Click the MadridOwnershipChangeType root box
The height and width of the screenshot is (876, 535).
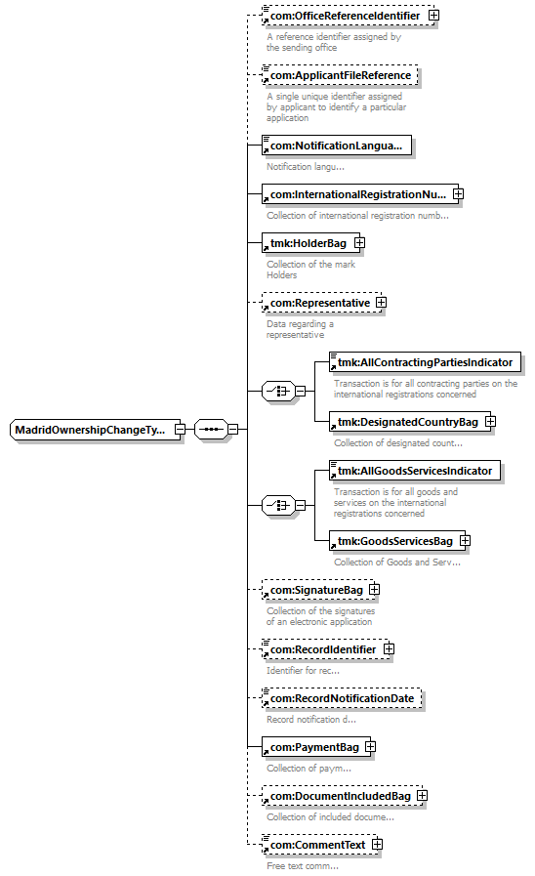click(x=95, y=430)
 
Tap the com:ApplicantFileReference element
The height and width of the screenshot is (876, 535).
click(x=340, y=75)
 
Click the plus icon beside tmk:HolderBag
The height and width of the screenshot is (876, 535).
click(x=359, y=243)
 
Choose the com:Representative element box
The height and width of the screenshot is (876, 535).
click(x=321, y=303)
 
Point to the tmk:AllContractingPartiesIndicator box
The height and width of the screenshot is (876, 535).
click(x=425, y=362)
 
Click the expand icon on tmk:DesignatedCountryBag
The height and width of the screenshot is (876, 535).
click(x=490, y=421)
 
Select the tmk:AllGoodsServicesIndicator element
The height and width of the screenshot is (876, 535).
click(x=415, y=471)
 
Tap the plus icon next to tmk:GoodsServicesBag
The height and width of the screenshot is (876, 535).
click(x=465, y=540)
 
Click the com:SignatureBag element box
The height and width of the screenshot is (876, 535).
click(x=318, y=590)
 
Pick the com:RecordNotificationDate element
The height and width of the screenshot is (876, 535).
click(x=342, y=698)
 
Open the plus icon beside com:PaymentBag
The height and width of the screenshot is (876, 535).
click(x=370, y=747)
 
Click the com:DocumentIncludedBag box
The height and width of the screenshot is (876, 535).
click(x=343, y=796)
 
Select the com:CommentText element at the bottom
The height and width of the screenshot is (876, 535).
click(x=320, y=845)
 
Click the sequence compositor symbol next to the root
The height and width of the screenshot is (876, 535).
click(x=211, y=430)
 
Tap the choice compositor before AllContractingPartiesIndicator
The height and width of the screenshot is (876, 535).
click(x=278, y=391)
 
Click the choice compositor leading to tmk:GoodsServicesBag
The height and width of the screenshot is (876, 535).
click(x=278, y=505)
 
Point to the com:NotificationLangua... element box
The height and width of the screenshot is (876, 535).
click(x=337, y=146)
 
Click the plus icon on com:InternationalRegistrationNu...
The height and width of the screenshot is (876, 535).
click(x=459, y=194)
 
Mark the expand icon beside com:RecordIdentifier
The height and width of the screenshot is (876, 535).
click(x=389, y=649)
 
